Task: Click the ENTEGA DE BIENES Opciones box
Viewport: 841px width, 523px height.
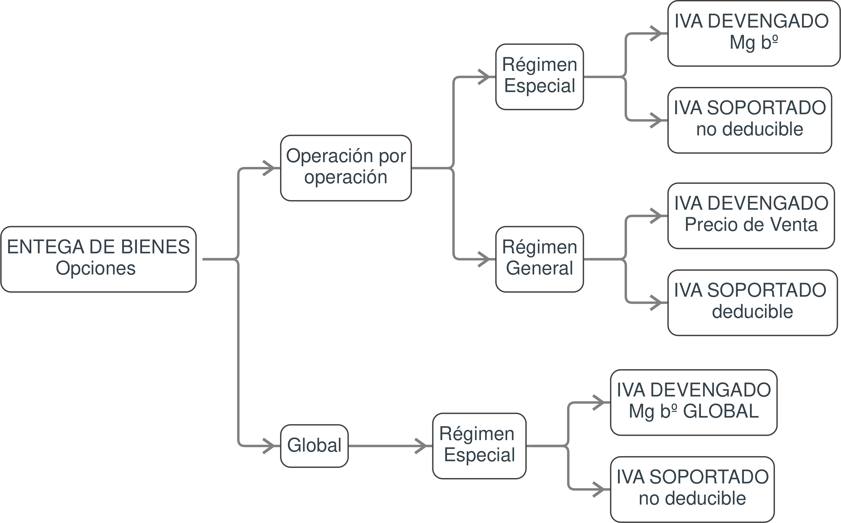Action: click(x=98, y=259)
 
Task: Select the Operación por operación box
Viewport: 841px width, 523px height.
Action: click(x=346, y=168)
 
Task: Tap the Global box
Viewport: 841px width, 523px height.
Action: click(x=314, y=446)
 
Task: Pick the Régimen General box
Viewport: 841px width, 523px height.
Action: click(x=540, y=259)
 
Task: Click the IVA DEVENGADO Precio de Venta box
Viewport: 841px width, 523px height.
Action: click(x=751, y=216)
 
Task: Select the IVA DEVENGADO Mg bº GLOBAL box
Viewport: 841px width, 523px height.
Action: click(x=694, y=402)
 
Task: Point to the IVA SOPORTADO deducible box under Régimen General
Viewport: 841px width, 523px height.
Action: click(x=752, y=303)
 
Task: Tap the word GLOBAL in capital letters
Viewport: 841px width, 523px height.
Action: click(x=721, y=412)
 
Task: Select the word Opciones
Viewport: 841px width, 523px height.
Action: click(x=96, y=268)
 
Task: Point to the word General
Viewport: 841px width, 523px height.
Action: click(x=540, y=268)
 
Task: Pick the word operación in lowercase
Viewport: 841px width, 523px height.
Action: click(x=346, y=177)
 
